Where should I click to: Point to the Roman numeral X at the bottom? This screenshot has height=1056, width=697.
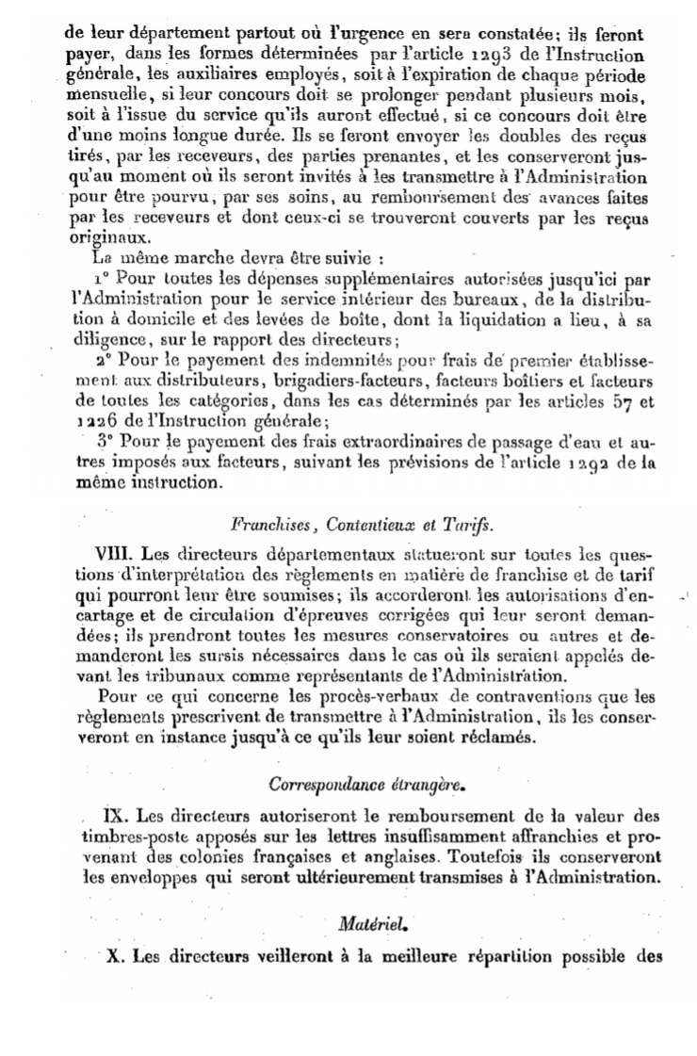click(116, 956)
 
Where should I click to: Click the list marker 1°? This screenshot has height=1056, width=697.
click(103, 279)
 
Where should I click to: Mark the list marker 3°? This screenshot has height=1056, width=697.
click(104, 442)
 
